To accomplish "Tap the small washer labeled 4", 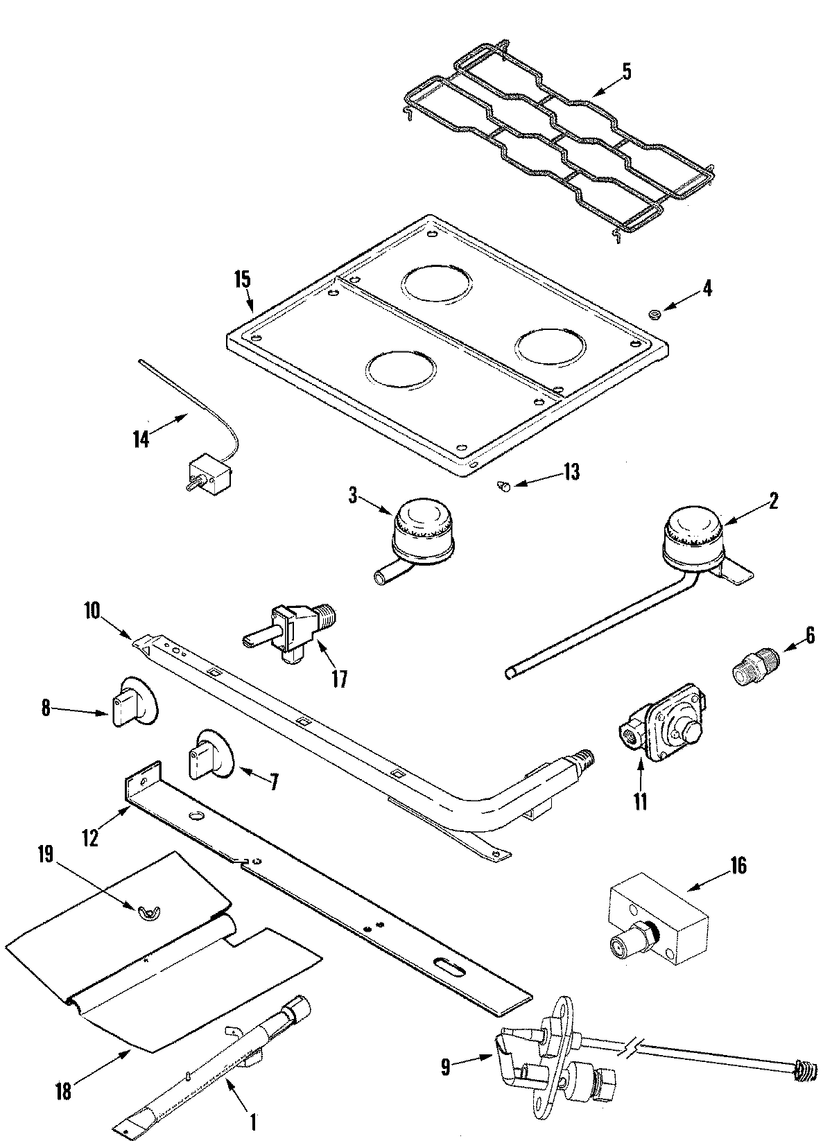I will coord(653,315).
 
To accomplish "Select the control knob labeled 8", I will coord(133,702).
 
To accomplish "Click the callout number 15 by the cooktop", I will coord(243,280).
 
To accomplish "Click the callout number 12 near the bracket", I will coord(90,837).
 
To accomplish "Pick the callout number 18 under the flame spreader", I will coord(63,1091).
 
